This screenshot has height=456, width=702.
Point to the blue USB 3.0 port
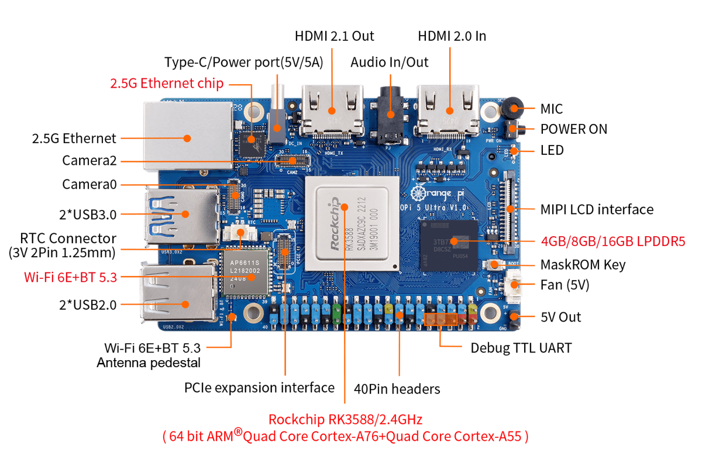[181, 213]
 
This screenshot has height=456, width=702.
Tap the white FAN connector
[515, 286]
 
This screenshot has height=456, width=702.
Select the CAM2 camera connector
[291, 158]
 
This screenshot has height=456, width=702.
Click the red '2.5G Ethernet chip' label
[167, 84]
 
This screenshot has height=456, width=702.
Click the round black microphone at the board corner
[514, 108]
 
